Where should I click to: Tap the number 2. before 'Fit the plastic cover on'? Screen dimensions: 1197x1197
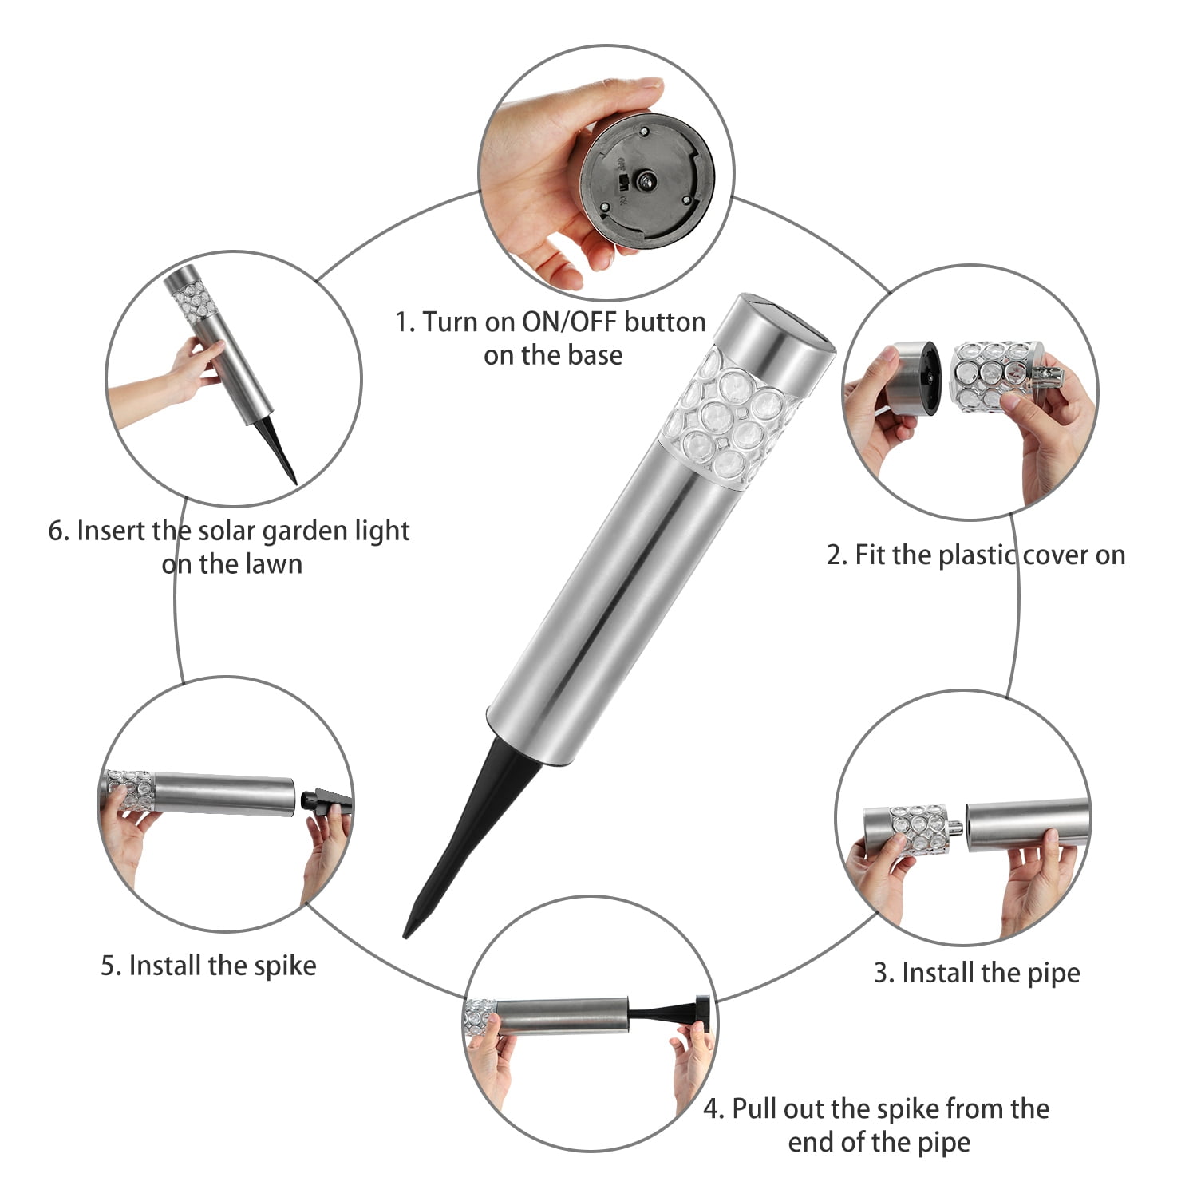pos(836,555)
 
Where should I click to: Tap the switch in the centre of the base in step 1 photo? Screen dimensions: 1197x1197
pos(643,182)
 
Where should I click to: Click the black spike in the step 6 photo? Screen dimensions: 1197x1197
pos(282,448)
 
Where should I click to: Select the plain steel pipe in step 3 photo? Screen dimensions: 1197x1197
pos(1028,825)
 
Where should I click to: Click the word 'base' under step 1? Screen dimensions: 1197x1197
pos(595,355)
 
